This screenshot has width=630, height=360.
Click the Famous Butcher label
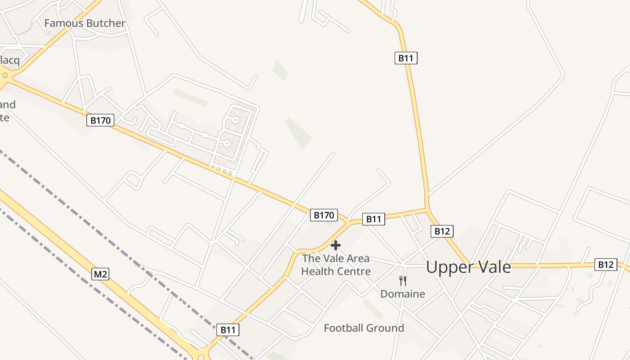(85, 23)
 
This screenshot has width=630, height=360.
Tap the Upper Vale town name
(468, 267)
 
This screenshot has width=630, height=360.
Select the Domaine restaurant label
(403, 294)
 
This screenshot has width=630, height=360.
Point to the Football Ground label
(364, 328)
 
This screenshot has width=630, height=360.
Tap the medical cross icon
(336, 245)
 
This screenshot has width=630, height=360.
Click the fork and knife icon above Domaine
(403, 280)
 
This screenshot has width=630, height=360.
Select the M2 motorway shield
(100, 274)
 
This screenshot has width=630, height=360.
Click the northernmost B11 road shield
(406, 58)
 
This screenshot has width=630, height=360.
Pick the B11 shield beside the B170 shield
(373, 219)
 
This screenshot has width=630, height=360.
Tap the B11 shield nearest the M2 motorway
(228, 330)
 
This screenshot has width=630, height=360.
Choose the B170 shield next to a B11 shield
(323, 215)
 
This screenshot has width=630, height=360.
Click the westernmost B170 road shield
(100, 120)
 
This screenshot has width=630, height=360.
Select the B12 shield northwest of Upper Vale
(442, 231)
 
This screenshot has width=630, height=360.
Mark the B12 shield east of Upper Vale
(605, 265)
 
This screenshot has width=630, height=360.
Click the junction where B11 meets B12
(427, 208)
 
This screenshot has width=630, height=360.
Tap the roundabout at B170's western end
(5, 75)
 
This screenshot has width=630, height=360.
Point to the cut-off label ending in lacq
(9, 60)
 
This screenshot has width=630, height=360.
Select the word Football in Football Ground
(344, 328)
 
